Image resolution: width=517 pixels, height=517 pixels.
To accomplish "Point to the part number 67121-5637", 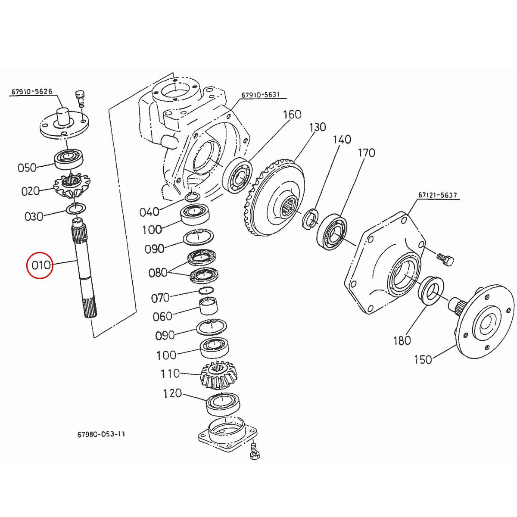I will pyautogui.click(x=437, y=195).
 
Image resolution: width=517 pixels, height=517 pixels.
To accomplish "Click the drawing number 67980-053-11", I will pyautogui.click(x=98, y=434).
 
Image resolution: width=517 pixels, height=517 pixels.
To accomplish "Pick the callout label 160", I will pyautogui.click(x=292, y=115).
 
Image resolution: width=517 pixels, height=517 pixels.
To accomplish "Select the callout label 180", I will pyautogui.click(x=402, y=340).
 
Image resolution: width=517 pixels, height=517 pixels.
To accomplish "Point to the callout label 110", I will pyautogui.click(x=170, y=374).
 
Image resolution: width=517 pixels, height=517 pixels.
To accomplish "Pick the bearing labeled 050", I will pyautogui.click(x=71, y=159).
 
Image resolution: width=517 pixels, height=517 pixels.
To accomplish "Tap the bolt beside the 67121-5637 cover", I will pyautogui.click(x=445, y=259).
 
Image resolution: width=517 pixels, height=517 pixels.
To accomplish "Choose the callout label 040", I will pyautogui.click(x=149, y=212).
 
